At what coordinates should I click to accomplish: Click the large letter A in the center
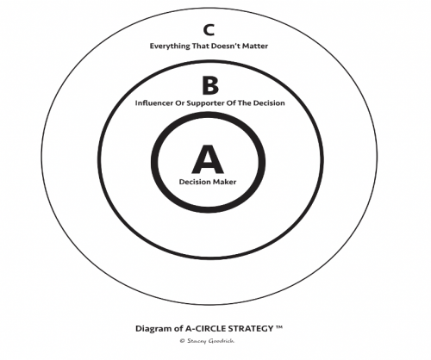click(x=208, y=159)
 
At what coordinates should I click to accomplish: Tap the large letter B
click(x=210, y=85)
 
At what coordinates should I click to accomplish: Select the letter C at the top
click(x=209, y=30)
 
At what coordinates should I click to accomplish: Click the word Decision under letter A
click(x=192, y=182)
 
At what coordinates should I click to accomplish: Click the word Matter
click(x=255, y=46)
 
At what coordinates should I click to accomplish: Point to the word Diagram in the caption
click(x=153, y=329)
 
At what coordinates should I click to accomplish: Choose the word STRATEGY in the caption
click(x=252, y=328)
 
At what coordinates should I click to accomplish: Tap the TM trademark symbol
click(x=279, y=327)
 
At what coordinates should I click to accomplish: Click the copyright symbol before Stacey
click(x=182, y=341)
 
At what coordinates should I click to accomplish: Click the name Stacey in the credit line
click(x=197, y=341)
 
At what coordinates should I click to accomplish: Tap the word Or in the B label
click(x=180, y=102)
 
